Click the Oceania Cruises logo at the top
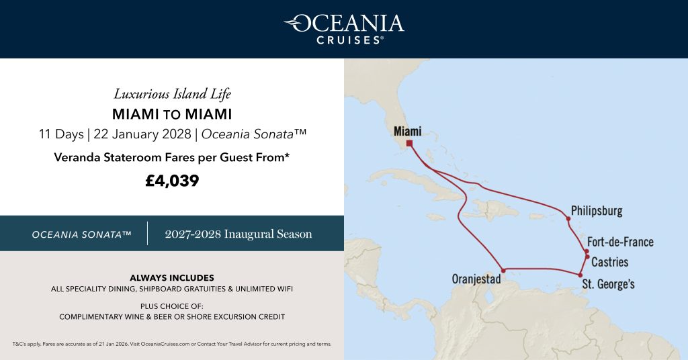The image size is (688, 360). (x=343, y=28)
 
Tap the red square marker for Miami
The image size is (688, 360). (x=409, y=143)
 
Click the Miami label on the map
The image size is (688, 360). (x=407, y=131)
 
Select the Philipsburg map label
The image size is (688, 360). (x=597, y=211)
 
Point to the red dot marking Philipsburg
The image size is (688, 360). (x=568, y=218)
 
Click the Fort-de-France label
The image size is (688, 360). (x=619, y=242)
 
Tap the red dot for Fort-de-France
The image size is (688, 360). (x=587, y=251)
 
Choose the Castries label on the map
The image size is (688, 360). (x=609, y=262)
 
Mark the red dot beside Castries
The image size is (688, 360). (x=588, y=257)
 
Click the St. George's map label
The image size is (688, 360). (x=608, y=284)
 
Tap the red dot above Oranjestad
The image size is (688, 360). (x=503, y=271)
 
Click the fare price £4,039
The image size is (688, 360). (x=172, y=181)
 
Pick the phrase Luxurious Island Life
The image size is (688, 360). (x=172, y=93)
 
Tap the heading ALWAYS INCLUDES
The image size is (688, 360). (x=172, y=277)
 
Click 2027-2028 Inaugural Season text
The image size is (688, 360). (x=239, y=234)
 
